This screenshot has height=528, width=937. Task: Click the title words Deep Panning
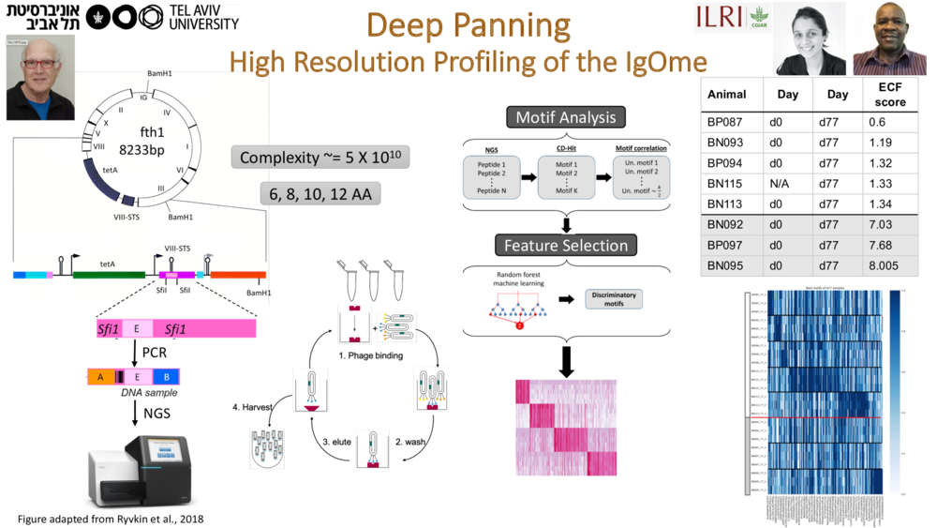click(x=468, y=25)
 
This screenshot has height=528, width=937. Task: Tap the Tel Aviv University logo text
click(x=203, y=16)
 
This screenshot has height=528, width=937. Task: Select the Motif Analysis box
click(x=566, y=117)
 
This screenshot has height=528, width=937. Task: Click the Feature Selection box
click(x=566, y=246)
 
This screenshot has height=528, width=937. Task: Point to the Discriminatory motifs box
click(x=614, y=299)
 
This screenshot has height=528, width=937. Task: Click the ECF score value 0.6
click(x=877, y=122)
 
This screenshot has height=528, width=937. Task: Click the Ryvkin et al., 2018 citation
click(x=111, y=519)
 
